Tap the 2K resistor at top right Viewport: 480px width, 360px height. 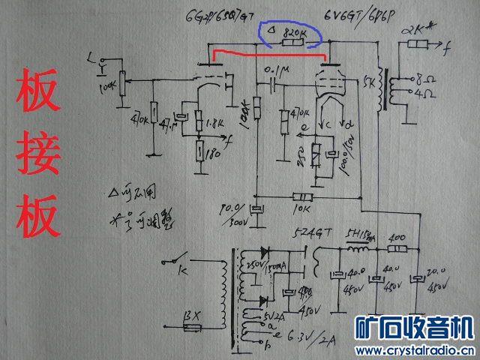click(x=418, y=46)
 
